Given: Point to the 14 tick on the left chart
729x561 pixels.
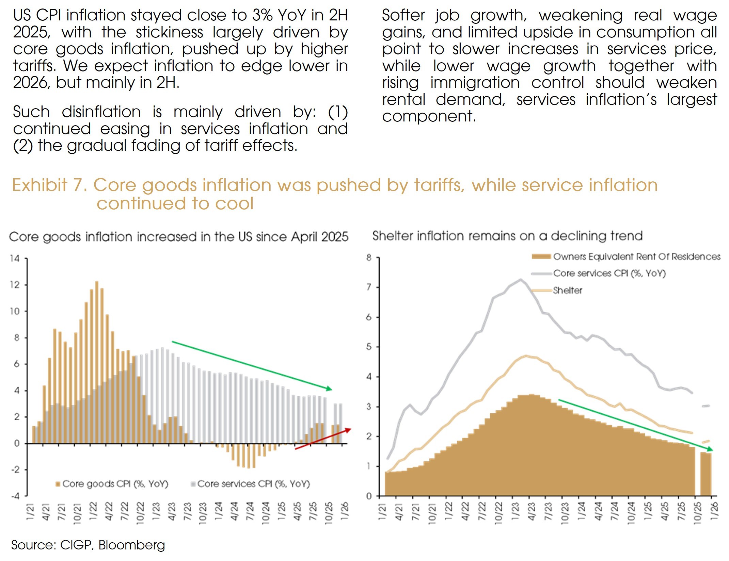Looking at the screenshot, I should (15, 259).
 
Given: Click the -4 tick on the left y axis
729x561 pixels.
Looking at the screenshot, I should (15, 496).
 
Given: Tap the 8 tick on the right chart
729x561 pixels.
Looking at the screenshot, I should (369, 258).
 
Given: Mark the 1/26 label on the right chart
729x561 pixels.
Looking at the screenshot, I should (714, 511).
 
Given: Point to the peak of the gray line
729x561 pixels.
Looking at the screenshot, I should (520, 280).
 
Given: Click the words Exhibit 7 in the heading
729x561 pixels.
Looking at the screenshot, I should (50, 185).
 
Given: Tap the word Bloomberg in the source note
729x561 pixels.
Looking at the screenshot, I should (131, 545).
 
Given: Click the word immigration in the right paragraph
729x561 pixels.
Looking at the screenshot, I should (475, 83).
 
